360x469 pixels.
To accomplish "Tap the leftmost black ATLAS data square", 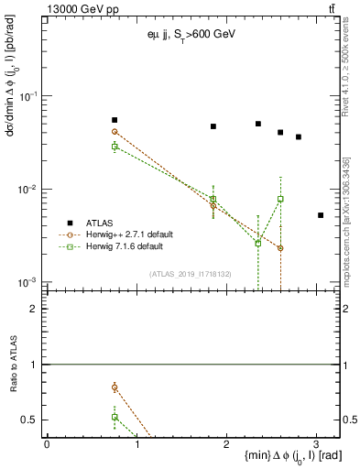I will click(x=115, y=120).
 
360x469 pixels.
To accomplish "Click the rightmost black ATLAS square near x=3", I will click(x=321, y=215).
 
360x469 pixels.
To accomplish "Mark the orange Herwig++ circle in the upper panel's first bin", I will click(x=115, y=132).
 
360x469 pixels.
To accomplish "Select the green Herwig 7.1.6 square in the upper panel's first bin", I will click(x=115, y=147).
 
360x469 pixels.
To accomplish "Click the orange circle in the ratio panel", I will click(x=115, y=387).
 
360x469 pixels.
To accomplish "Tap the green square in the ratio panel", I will click(x=115, y=417).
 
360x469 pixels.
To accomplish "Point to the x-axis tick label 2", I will click(x=225, y=443).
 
